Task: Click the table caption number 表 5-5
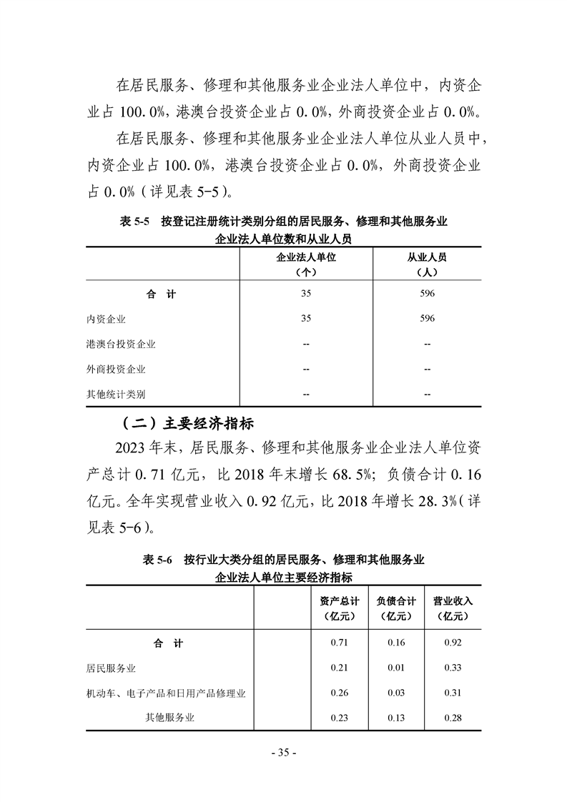pos(134,222)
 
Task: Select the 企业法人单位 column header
pos(306,258)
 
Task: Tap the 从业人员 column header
pos(427,258)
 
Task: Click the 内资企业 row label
pos(106,319)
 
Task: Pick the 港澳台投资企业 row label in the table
pos(121,344)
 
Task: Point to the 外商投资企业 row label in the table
pos(116,369)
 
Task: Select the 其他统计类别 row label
pos(116,394)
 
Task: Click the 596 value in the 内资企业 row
pos(427,319)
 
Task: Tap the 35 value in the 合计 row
pos(306,294)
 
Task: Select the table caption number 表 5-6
pos(159,560)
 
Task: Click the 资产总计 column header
pos(339,601)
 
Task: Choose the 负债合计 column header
pos(395,601)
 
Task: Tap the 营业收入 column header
pos(453,601)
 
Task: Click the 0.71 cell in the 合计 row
pos(339,643)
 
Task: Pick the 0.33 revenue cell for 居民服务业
pos(453,668)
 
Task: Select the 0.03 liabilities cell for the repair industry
pos(395,693)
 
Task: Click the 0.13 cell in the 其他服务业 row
pos(395,718)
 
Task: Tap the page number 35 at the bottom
pos(283,753)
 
